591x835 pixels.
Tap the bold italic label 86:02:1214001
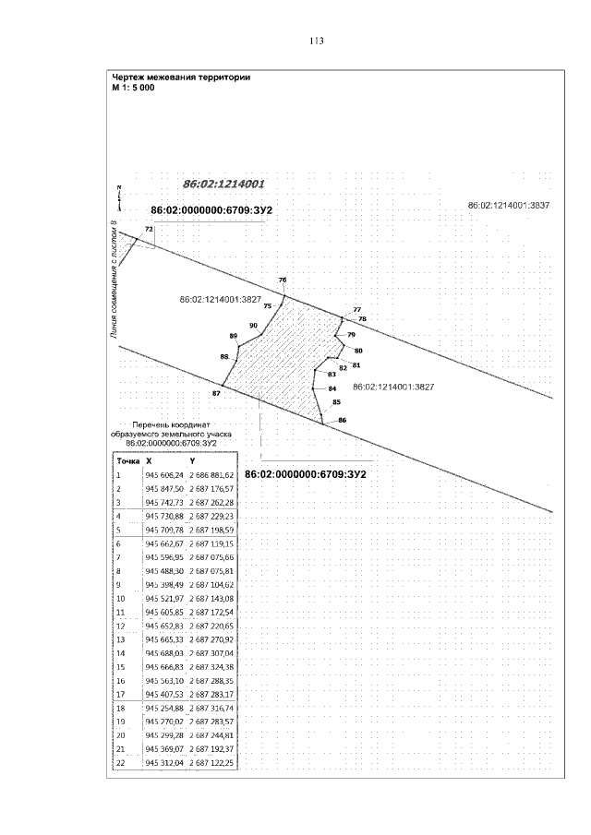(x=223, y=184)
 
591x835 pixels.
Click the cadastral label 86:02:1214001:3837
(x=509, y=205)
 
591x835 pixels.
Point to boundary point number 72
(x=148, y=229)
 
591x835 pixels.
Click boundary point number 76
(x=283, y=280)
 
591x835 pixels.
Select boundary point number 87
(x=216, y=394)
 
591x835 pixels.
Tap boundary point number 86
(x=342, y=420)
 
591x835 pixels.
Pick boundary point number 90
(x=253, y=325)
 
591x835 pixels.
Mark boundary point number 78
(x=362, y=318)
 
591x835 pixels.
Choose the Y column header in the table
(x=192, y=459)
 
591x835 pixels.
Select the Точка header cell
(x=127, y=459)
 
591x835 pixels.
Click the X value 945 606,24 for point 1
(x=164, y=474)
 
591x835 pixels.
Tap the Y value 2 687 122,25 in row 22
(x=211, y=764)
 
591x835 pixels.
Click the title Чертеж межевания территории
(x=180, y=77)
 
